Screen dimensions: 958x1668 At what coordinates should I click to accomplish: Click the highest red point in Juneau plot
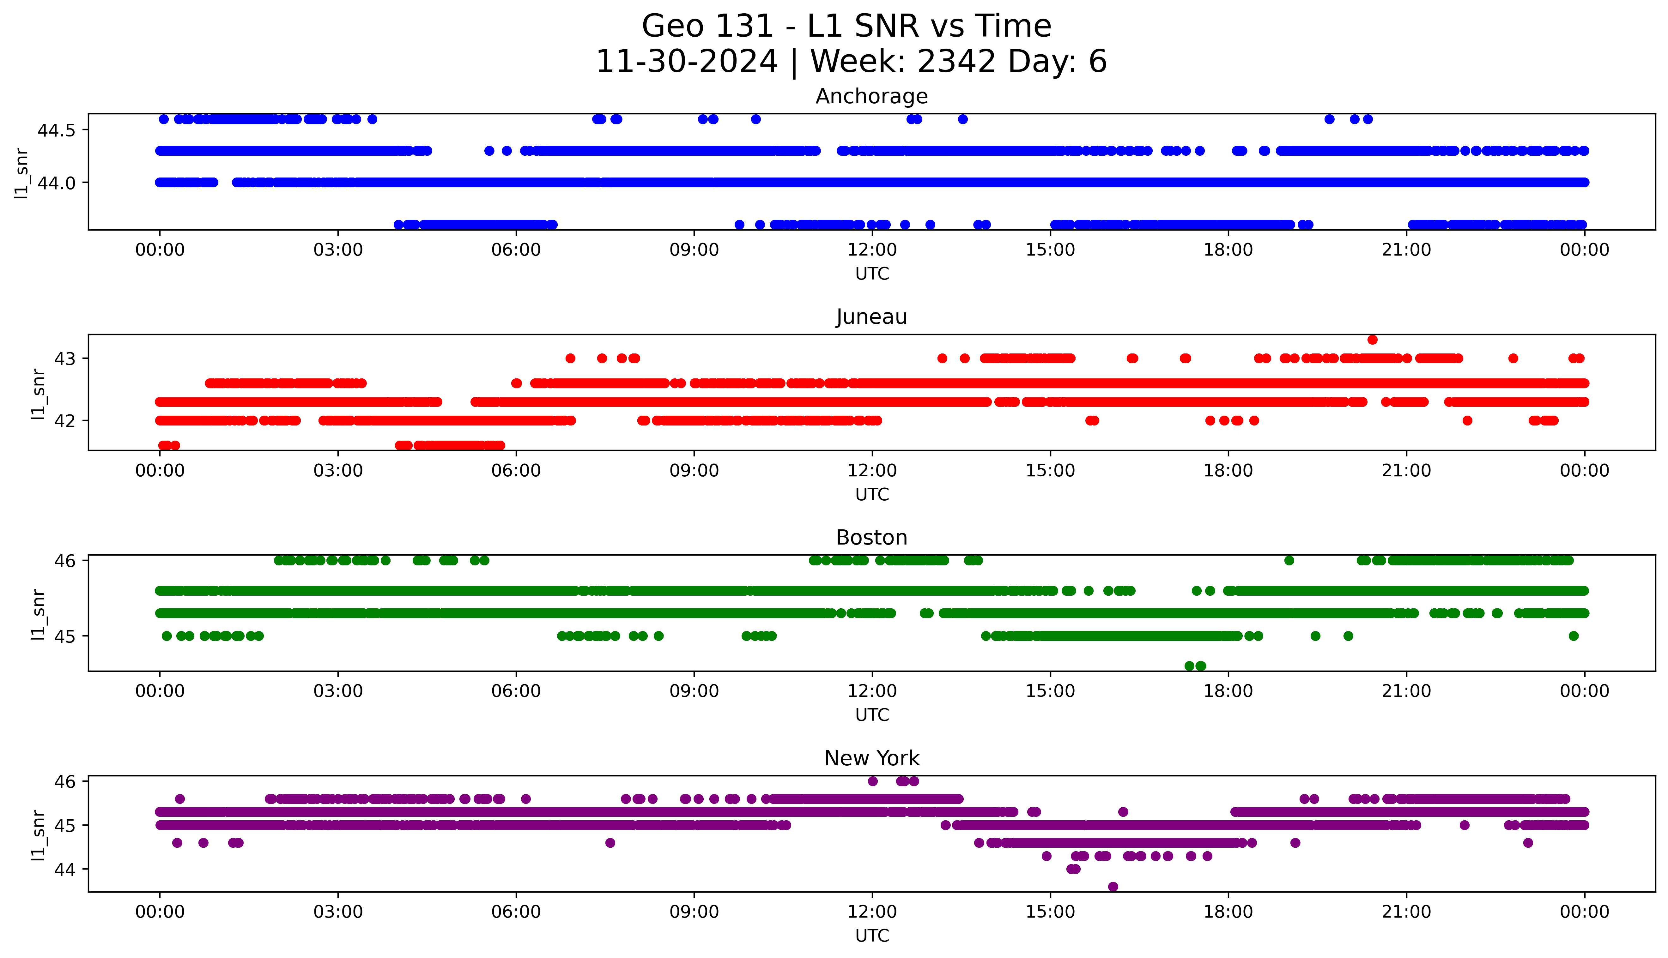pyautogui.click(x=1372, y=340)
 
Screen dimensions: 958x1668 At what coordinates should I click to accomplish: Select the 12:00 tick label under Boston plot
pyautogui.click(x=872, y=691)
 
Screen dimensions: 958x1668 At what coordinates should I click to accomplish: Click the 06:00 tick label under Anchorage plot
pyautogui.click(x=516, y=250)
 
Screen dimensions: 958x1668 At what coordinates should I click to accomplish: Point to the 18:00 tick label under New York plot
pyautogui.click(x=1228, y=912)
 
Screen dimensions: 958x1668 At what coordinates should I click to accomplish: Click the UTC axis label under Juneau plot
pyautogui.click(x=872, y=494)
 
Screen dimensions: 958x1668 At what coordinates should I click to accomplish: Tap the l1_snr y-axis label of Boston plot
pyautogui.click(x=38, y=614)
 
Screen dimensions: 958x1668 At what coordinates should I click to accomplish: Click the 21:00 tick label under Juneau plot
pyautogui.click(x=1406, y=470)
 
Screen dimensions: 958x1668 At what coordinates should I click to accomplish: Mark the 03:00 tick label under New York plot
pyautogui.click(x=337, y=912)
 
